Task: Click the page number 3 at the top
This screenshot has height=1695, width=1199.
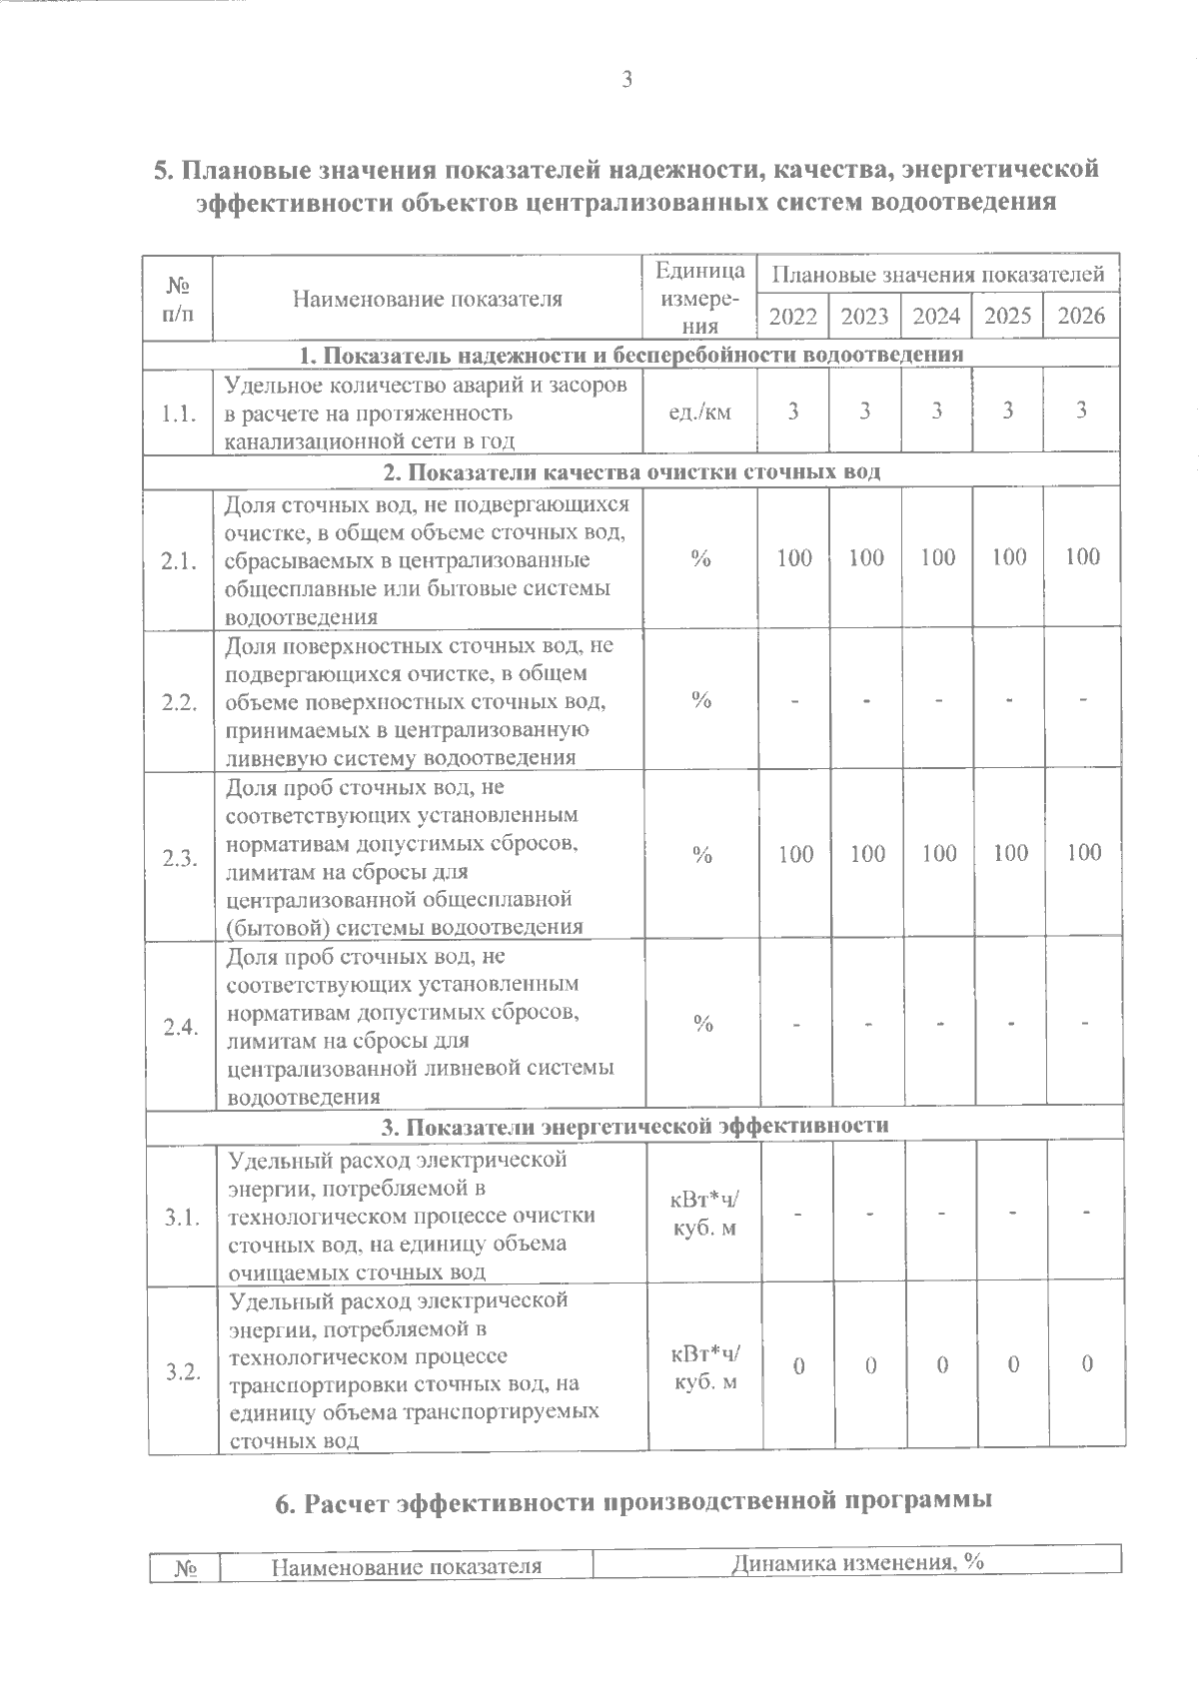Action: [x=626, y=81]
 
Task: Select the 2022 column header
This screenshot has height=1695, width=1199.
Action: [x=793, y=317]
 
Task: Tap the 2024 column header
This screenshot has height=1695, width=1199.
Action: [x=937, y=317]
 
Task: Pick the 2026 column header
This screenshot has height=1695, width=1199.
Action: [x=1081, y=317]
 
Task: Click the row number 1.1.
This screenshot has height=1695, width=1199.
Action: [x=179, y=413]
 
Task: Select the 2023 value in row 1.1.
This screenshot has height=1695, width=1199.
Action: [x=865, y=411]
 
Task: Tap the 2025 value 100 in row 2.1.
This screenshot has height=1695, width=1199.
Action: [x=1009, y=556]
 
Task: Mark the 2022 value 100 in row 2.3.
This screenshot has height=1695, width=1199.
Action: [x=795, y=853]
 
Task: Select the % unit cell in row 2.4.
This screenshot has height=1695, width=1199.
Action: [x=703, y=1024]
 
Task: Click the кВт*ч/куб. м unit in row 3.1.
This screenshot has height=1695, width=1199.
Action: [x=704, y=1213]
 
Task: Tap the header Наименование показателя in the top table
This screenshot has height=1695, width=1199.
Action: [x=427, y=299]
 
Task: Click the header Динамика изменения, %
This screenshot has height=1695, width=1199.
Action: [x=857, y=1562]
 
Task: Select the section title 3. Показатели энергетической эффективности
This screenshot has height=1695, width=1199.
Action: [x=635, y=1126]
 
